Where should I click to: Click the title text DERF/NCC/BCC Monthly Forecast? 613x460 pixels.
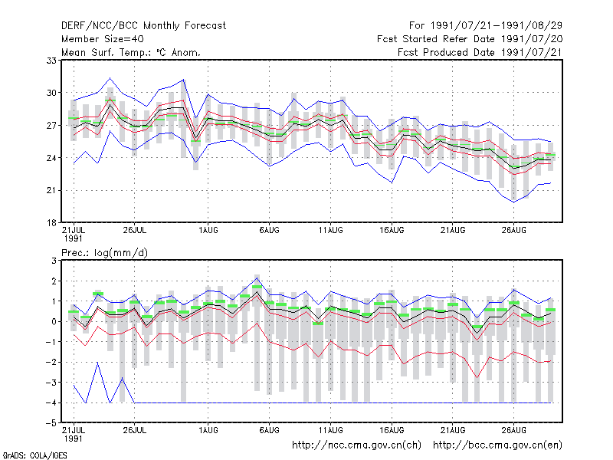pos(143,26)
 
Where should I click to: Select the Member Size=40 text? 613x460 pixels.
pos(103,39)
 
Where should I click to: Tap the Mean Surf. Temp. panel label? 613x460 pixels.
pos(130,52)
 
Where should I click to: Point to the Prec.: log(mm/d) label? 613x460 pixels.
pos(104,253)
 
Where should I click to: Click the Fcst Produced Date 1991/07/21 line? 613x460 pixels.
pos(480,52)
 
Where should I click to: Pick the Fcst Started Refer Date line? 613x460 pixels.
pos(470,39)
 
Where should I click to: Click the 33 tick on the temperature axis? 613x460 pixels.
pos(51,61)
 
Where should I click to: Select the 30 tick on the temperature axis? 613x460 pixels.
pos(51,93)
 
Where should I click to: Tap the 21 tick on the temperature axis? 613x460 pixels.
pos(51,190)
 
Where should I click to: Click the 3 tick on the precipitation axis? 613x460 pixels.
pos(54,261)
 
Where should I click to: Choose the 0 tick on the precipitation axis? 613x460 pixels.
pos(54,321)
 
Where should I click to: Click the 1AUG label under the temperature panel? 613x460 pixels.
pos(208,230)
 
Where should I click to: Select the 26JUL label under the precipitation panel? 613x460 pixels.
pos(135,430)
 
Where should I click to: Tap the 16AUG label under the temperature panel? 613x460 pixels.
pos(392,230)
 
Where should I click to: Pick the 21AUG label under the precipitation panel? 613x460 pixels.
pos(453,430)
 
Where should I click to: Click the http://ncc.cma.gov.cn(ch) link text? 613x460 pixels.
pos(356,445)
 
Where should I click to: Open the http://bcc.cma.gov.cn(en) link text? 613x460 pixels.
pos(497,445)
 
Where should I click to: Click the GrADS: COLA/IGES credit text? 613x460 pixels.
pos(35,455)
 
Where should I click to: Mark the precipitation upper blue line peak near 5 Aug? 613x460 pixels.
pos(257,278)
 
